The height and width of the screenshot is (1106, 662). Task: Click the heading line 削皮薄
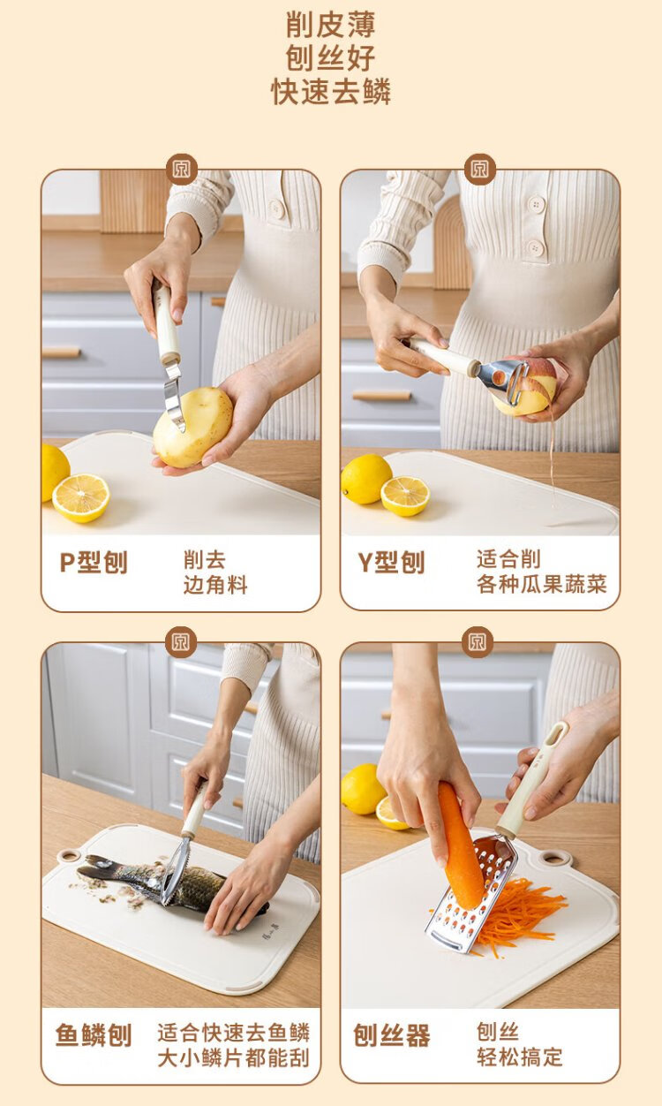[x=330, y=25]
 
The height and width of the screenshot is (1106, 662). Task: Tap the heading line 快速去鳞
[x=330, y=91]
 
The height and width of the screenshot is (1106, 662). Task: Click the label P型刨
[x=94, y=562]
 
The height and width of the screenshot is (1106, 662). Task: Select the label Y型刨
[x=391, y=562]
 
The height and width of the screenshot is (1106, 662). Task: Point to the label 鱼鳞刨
[x=94, y=1035]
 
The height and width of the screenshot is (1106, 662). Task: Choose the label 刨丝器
[x=392, y=1035]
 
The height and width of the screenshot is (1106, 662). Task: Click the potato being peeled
[x=193, y=427]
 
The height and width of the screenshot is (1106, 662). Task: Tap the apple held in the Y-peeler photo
[x=525, y=388]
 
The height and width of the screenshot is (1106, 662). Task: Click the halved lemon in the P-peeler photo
[x=81, y=497]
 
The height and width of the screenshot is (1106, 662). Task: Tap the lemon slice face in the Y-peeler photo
[x=405, y=496]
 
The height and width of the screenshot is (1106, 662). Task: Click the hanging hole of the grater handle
[x=554, y=737]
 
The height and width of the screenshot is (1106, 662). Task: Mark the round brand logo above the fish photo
[x=181, y=642]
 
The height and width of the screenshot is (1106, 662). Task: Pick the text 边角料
[x=215, y=586]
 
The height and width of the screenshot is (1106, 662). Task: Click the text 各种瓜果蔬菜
[x=542, y=585]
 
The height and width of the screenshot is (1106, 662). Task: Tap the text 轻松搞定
[x=519, y=1057]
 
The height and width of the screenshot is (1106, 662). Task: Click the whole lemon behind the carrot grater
[x=363, y=789]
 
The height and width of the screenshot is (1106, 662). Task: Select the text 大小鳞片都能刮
[x=233, y=1058]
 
